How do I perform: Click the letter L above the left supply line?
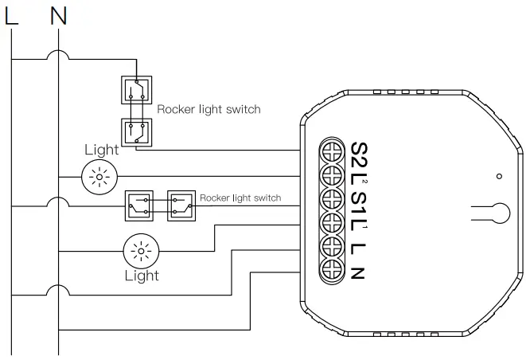coord(11,16)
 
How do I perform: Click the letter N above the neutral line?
coord(58,16)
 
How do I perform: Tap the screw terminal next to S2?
coord(333,151)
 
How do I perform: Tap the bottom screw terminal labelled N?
coord(333,270)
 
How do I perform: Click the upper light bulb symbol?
coord(99,177)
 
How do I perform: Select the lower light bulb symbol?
coord(141,251)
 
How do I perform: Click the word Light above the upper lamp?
coord(101,150)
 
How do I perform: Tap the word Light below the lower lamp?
coord(142,276)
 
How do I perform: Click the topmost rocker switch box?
coord(137,90)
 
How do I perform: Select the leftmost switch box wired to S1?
coord(139,205)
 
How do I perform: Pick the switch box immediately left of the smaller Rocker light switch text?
coord(181,205)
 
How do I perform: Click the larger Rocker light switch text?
coord(208,109)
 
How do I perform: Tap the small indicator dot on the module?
coord(499,176)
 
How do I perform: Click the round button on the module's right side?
coord(500,213)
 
